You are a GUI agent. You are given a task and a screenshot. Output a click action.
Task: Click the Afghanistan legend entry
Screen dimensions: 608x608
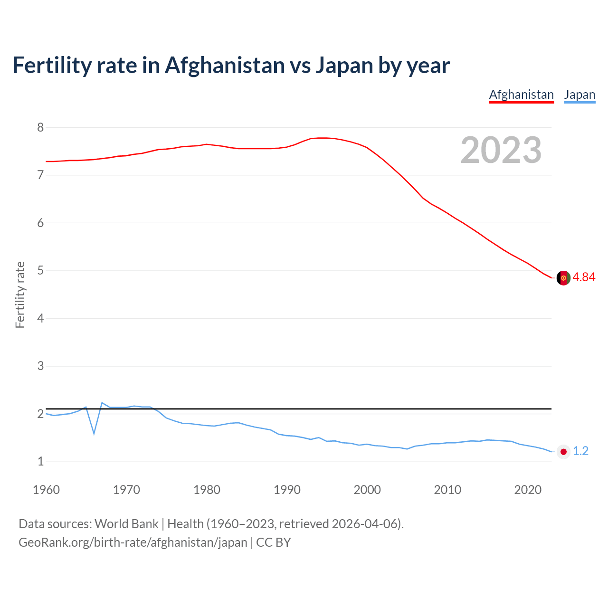pyautogui.click(x=521, y=95)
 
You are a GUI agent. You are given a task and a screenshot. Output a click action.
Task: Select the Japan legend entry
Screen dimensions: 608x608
pyautogui.click(x=579, y=95)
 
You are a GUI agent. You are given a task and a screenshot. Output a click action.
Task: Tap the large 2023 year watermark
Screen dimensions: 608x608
pyautogui.click(x=501, y=150)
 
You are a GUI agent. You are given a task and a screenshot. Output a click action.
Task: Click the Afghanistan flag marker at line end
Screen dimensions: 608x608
pyautogui.click(x=563, y=278)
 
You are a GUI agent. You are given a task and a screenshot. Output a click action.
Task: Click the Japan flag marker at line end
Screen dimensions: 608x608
pyautogui.click(x=563, y=452)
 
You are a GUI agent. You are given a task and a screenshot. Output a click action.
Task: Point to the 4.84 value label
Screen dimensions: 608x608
pyautogui.click(x=584, y=277)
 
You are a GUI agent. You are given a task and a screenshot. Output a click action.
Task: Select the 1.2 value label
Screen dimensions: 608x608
pyautogui.click(x=580, y=451)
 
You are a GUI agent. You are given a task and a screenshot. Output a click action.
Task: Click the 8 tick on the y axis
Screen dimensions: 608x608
pyautogui.click(x=40, y=127)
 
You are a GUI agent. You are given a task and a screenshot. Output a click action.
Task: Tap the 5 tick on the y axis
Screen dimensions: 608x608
pyautogui.click(x=40, y=271)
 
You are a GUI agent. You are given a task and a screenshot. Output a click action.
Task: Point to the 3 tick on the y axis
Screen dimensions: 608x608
pyautogui.click(x=40, y=366)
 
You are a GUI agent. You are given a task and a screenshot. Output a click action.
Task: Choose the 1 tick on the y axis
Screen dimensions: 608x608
pyautogui.click(x=40, y=462)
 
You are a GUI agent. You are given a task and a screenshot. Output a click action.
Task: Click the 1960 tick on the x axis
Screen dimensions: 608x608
pyautogui.click(x=46, y=490)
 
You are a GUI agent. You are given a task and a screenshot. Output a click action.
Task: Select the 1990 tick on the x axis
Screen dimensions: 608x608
pyautogui.click(x=287, y=490)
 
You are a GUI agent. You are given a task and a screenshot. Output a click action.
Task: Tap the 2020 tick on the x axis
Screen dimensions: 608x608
pyautogui.click(x=528, y=490)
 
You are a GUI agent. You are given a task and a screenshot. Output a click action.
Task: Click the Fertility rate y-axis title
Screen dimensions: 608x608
pyautogui.click(x=20, y=294)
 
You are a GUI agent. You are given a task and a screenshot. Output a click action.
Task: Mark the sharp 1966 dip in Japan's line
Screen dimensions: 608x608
pyautogui.click(x=94, y=433)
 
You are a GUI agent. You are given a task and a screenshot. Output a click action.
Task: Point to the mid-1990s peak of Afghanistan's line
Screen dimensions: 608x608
pyautogui.click(x=323, y=138)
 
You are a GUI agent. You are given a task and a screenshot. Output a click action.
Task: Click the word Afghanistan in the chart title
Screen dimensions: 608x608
pyautogui.click(x=224, y=65)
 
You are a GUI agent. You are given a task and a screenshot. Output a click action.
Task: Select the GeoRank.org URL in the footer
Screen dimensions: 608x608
pyautogui.click(x=133, y=542)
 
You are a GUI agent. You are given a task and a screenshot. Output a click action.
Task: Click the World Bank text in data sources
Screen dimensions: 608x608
pyautogui.click(x=126, y=524)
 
